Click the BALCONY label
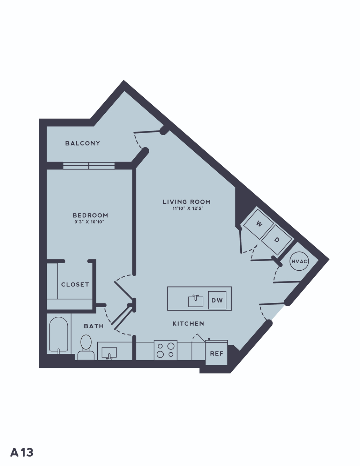tap(83, 143)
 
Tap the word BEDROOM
tap(90, 215)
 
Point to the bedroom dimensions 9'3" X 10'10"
tap(89, 222)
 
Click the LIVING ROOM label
tap(187, 202)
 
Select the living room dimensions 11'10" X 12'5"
tap(188, 208)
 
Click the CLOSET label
tap(75, 285)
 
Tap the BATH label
tap(94, 326)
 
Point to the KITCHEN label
tap(188, 324)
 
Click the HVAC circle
tap(299, 261)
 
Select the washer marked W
tap(258, 224)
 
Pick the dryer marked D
tap(277, 240)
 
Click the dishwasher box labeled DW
tap(217, 300)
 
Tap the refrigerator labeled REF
tap(217, 353)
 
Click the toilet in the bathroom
tap(86, 347)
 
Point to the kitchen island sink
tap(196, 301)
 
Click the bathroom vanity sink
tap(109, 353)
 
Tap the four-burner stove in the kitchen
tap(166, 350)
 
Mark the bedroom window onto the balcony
tap(89, 166)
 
